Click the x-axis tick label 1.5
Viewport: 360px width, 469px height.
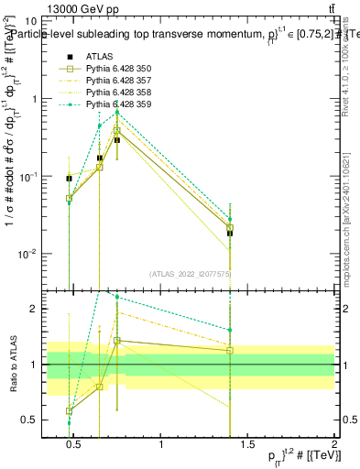(x=248, y=446)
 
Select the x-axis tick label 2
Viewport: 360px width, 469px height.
(x=334, y=446)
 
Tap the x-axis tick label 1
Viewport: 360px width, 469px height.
(x=162, y=446)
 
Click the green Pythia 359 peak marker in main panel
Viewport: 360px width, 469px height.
(x=117, y=112)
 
